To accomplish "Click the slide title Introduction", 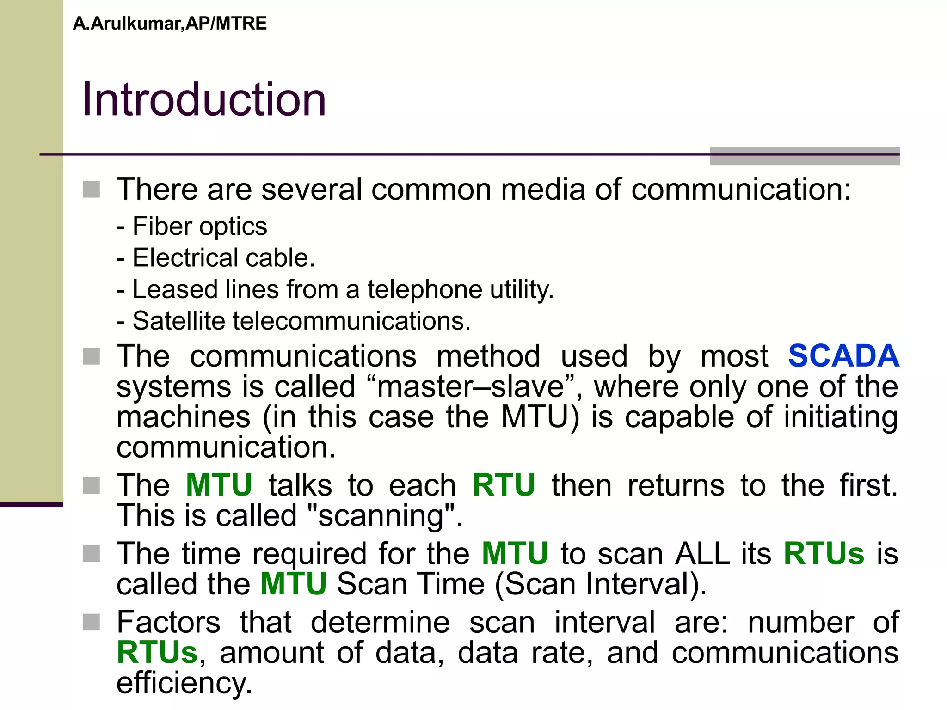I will click(204, 99).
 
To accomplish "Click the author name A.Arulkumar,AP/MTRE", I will click(170, 24).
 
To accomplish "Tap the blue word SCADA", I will click(843, 356).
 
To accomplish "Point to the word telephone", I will click(424, 290).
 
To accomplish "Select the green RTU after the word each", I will click(504, 485).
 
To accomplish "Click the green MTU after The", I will click(219, 485).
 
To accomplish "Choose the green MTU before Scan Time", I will click(294, 584).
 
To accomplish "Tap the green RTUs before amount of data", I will click(157, 653).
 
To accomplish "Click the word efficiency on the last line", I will click(184, 683).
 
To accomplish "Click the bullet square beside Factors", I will click(92, 622).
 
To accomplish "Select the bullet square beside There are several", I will click(92, 190).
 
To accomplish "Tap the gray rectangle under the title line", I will click(805, 156).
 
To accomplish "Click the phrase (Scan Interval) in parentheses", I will click(600, 584).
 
